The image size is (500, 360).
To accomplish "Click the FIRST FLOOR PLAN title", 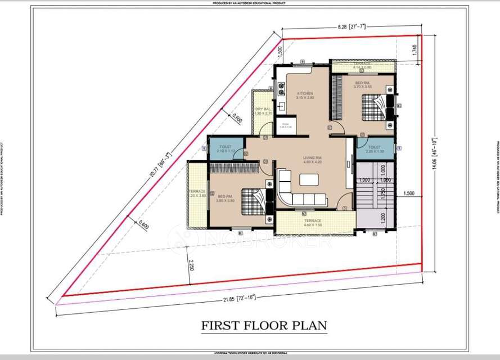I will (x=264, y=326).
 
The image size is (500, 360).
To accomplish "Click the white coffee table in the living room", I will (x=309, y=179).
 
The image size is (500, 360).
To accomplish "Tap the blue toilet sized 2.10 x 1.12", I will (x=225, y=148).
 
